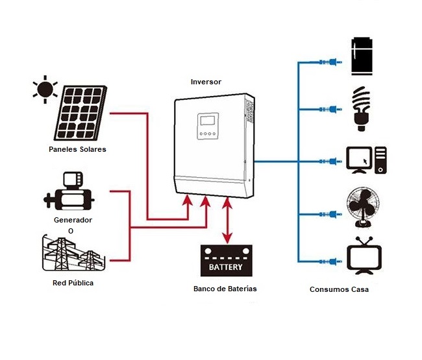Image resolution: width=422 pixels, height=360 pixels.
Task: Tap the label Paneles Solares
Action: [x=77, y=149]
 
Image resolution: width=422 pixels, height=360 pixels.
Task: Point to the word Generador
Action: [x=73, y=221]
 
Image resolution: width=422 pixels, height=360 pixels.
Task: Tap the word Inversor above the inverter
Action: [x=206, y=82]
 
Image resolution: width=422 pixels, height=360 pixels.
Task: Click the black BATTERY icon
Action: [x=225, y=261]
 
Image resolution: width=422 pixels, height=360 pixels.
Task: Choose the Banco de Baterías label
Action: [x=225, y=288]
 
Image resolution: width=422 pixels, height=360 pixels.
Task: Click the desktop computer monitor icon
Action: [x=359, y=160]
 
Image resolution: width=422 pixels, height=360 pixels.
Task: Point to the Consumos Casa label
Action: [x=339, y=289]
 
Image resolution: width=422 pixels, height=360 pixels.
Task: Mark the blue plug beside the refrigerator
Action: [x=329, y=62]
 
